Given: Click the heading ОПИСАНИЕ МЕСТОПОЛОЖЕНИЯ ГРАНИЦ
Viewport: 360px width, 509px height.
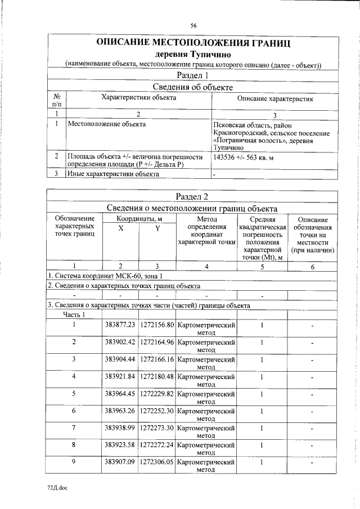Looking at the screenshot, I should tap(193, 43).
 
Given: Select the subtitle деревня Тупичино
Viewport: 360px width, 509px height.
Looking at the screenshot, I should tap(193, 55).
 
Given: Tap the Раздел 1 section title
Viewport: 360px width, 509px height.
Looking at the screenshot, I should tap(193, 75).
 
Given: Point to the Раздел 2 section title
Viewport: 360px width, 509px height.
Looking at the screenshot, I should tap(193, 196).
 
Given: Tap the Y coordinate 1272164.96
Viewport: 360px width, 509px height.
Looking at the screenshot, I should tap(157, 342).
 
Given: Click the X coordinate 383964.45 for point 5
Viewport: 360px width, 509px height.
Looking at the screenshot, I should tap(120, 393).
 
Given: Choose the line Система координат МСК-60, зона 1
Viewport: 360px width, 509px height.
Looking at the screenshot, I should tap(106, 276).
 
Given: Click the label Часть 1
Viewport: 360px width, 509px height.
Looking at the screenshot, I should tap(74, 315).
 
